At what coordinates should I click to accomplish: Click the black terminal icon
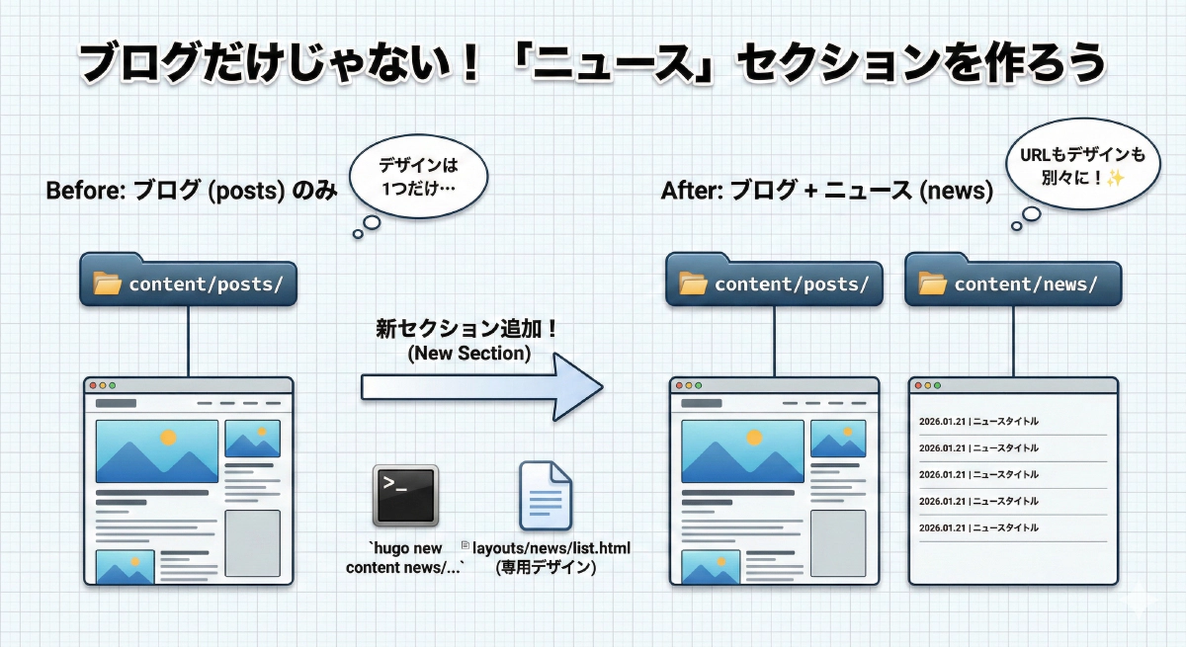[x=405, y=495]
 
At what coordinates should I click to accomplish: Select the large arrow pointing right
[x=481, y=385]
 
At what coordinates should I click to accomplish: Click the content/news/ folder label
[x=1012, y=283]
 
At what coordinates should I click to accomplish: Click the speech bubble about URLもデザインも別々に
[x=1081, y=166]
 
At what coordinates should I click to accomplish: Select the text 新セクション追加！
[x=467, y=330]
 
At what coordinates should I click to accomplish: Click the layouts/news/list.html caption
[x=551, y=548]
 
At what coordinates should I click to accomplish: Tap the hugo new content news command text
[x=404, y=558]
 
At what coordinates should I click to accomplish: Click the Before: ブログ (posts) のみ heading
[x=191, y=191]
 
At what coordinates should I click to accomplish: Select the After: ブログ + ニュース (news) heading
[x=826, y=191]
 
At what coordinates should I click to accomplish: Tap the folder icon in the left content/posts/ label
[x=107, y=284]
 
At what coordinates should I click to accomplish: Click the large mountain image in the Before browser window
[x=156, y=450]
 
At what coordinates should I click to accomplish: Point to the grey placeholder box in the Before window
[x=252, y=542]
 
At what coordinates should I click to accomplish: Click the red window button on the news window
[x=917, y=386]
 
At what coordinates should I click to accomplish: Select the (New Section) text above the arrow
[x=467, y=354]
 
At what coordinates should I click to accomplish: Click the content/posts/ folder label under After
[x=773, y=283]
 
